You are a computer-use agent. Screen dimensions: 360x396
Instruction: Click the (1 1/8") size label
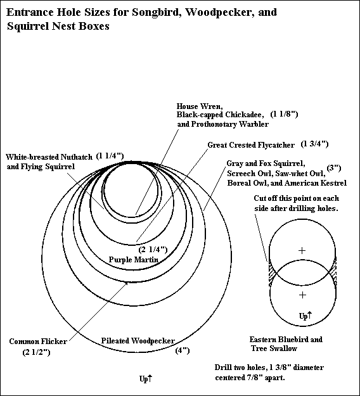[x=284, y=114]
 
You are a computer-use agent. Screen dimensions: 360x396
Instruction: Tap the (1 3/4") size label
[x=314, y=144]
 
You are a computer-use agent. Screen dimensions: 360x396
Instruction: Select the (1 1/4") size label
[x=110, y=156]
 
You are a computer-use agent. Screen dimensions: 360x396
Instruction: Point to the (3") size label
[x=334, y=168]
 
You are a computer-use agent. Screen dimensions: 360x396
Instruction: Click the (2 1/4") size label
[x=153, y=250]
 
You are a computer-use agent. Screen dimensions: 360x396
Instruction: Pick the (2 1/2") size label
[x=36, y=352]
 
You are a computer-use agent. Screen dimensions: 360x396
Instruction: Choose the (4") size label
[x=183, y=350]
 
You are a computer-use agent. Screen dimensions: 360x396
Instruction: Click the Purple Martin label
[x=134, y=259]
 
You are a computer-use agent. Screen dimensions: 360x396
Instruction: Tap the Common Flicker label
[x=38, y=342]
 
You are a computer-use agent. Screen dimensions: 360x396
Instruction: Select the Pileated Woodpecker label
[x=138, y=341]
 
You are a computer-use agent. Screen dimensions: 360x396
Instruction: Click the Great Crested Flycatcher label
[x=251, y=145]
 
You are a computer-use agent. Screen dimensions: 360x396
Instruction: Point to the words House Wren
[x=200, y=106]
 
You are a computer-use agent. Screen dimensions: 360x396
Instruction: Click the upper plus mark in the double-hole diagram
[x=302, y=250]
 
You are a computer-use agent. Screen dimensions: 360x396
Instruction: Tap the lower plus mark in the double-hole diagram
[x=302, y=295]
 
